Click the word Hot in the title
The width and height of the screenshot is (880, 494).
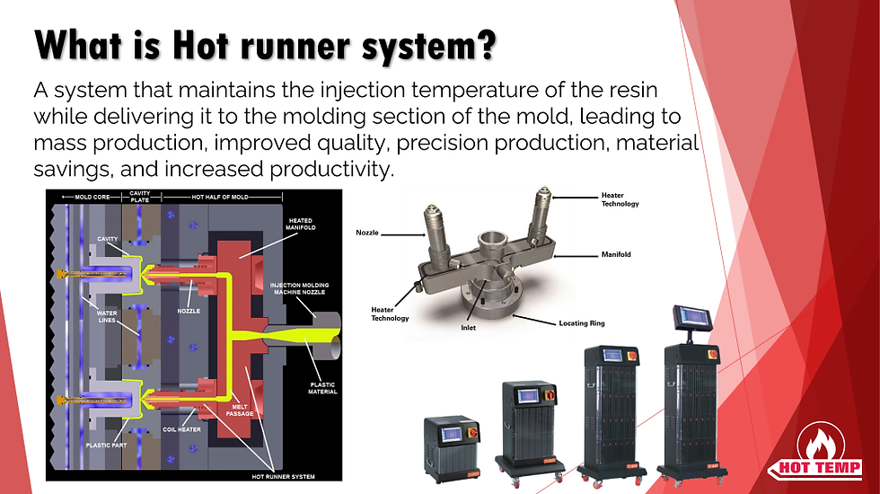click(199, 45)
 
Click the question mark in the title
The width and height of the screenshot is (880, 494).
click(488, 45)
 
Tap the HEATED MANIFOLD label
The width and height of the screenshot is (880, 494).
click(300, 224)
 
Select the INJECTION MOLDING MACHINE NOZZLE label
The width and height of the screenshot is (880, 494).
click(299, 288)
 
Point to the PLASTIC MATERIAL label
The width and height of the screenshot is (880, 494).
click(322, 388)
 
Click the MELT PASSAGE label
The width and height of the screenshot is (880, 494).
click(240, 410)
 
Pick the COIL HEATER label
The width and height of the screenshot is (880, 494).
click(181, 429)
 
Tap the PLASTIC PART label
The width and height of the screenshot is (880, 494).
click(106, 445)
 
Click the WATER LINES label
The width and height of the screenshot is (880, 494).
click(107, 316)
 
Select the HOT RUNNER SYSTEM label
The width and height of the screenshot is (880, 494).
click(283, 477)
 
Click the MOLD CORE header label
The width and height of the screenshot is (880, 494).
click(92, 197)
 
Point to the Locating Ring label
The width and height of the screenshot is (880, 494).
click(582, 323)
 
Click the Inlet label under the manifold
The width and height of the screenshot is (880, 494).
click(468, 328)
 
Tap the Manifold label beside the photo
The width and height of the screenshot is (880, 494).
click(616, 254)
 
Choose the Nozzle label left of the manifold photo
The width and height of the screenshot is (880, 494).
click(367, 233)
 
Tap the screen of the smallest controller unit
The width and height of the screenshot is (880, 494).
click(450, 435)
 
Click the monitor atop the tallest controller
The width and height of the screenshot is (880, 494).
click(692, 318)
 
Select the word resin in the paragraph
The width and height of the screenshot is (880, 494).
click(634, 90)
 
